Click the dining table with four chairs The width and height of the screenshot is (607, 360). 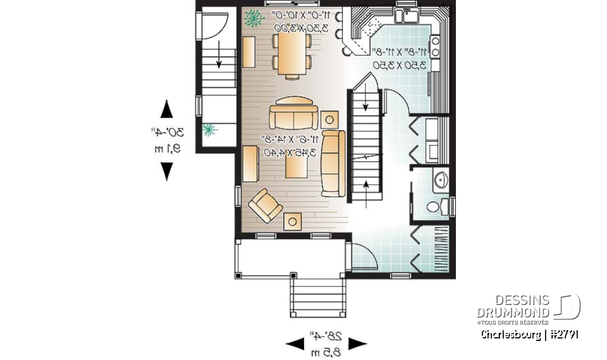pos(292,54)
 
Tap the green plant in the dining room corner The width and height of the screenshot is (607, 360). pos(254,18)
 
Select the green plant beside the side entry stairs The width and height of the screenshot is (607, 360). pos(209,130)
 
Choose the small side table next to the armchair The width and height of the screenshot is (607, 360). pos(293,221)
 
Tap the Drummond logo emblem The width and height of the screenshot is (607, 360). pos(568,307)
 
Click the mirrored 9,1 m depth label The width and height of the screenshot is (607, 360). pos(168,149)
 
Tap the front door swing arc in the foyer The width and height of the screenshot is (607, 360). pos(365,256)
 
